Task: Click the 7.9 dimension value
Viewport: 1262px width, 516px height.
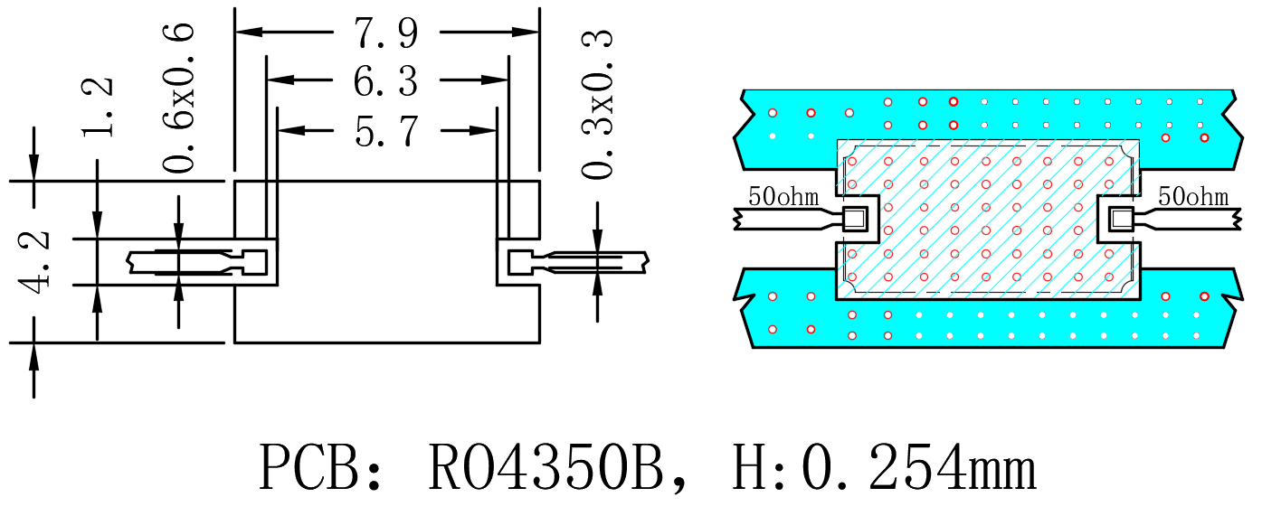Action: coord(386,33)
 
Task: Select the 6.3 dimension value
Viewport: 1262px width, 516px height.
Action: coord(386,81)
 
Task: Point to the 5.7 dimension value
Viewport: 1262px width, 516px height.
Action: coord(386,131)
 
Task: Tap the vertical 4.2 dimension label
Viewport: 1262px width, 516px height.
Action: coord(33,262)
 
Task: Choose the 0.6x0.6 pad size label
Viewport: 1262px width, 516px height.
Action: coord(178,98)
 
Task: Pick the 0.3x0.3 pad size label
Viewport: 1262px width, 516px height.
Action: coord(597,104)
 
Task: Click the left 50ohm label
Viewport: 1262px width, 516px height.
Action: coord(783,196)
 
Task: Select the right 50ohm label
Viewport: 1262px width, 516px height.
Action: coord(1193,197)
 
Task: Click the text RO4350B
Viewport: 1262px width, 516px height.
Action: coord(546,468)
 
